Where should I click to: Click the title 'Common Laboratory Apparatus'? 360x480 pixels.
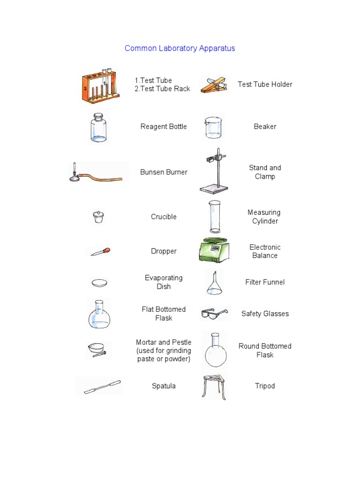pos(180,48)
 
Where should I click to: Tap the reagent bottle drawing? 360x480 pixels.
pos(99,128)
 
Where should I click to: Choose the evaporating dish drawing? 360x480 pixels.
pos(99,283)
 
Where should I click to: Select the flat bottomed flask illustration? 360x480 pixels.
pos(99,315)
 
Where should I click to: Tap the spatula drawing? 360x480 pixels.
pos(102,387)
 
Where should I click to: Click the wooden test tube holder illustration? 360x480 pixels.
pos(214,85)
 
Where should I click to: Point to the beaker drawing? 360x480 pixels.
pos(213,128)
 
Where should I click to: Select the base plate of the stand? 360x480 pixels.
pos(214,189)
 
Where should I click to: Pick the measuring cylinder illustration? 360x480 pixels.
pos(215,217)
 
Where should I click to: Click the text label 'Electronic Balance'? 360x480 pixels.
pos(265,251)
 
